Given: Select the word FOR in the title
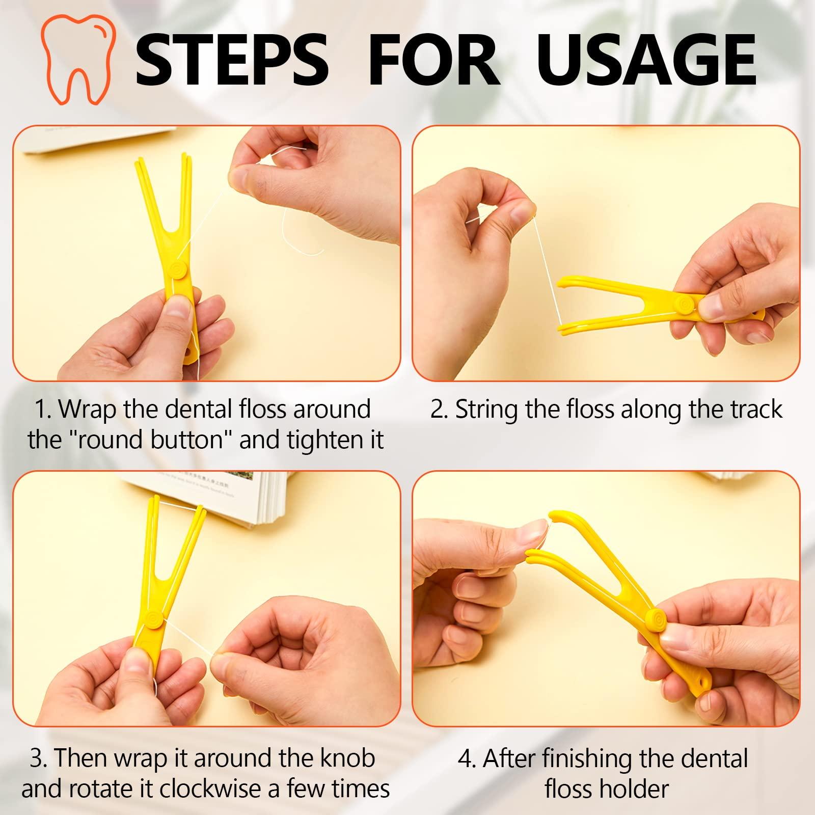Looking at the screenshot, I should (433, 60).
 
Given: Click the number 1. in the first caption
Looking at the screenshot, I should (43, 409).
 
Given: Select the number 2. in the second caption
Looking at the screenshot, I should (439, 409).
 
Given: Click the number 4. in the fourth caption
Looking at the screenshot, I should (466, 758).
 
